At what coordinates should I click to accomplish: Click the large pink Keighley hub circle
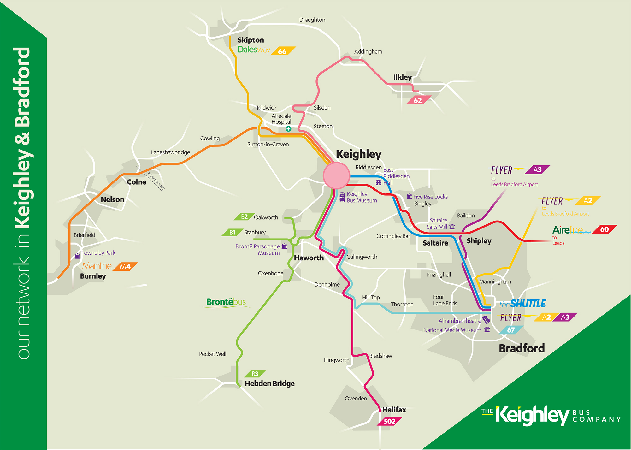(x=336, y=176)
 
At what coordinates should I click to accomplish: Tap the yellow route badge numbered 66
(x=283, y=51)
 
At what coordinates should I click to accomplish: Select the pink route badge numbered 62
(x=418, y=100)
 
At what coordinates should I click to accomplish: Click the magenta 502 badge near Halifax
(x=390, y=421)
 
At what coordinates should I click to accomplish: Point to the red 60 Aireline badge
(x=604, y=229)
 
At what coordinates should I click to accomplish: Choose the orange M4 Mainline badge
(x=125, y=267)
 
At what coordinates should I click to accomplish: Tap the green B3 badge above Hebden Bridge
(x=255, y=374)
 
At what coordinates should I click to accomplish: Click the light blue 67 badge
(x=511, y=330)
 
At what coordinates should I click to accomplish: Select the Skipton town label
(x=251, y=40)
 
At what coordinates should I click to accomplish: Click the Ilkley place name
(x=402, y=77)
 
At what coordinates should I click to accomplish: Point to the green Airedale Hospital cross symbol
(x=288, y=129)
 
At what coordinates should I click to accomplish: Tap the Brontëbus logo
(x=226, y=302)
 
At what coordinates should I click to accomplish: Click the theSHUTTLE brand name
(x=523, y=304)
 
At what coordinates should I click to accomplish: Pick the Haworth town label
(x=309, y=258)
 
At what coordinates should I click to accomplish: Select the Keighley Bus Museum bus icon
(x=342, y=197)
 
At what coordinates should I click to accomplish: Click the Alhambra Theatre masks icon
(x=486, y=320)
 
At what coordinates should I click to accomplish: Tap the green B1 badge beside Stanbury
(x=232, y=233)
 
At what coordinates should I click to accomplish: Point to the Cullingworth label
(x=362, y=257)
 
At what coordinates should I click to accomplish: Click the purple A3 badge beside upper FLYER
(x=537, y=170)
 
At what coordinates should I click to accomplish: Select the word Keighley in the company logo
(x=532, y=415)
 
